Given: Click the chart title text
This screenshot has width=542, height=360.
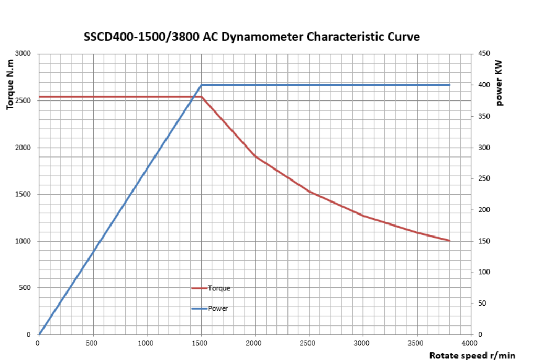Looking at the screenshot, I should (252, 37).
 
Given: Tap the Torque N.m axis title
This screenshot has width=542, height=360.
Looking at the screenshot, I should (10, 84).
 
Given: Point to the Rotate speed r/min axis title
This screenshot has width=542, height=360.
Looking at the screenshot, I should (472, 355).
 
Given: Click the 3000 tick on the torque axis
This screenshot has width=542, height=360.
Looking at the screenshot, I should (24, 54).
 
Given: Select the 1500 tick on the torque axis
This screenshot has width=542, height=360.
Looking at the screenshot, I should (24, 194).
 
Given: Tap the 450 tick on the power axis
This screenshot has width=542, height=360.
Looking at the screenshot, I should (483, 54).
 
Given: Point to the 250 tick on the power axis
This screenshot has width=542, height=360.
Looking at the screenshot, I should (483, 178).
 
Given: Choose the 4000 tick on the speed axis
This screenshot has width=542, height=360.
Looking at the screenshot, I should (469, 343).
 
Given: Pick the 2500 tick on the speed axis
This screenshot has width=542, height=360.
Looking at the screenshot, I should (308, 343).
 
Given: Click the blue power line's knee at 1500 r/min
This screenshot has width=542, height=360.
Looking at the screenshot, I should (201, 85).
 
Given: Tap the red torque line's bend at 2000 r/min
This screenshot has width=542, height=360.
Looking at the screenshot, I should (255, 156).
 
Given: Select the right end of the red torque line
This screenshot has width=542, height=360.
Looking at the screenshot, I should (450, 241).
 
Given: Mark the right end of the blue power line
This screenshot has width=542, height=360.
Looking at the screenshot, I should (450, 85).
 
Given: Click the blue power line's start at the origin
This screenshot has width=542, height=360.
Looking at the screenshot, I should (39, 334).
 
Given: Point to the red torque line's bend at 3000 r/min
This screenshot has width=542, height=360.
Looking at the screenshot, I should (362, 216).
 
